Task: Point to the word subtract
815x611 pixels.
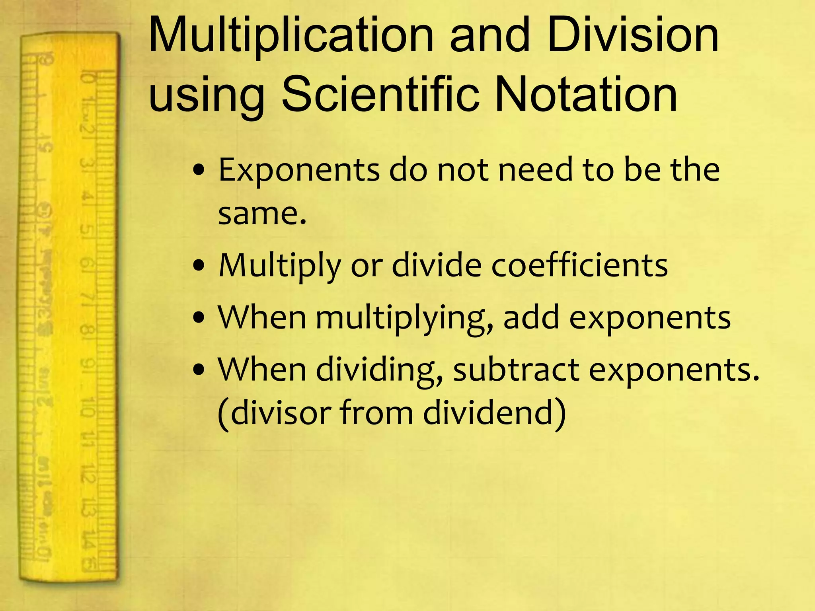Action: [516, 370]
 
